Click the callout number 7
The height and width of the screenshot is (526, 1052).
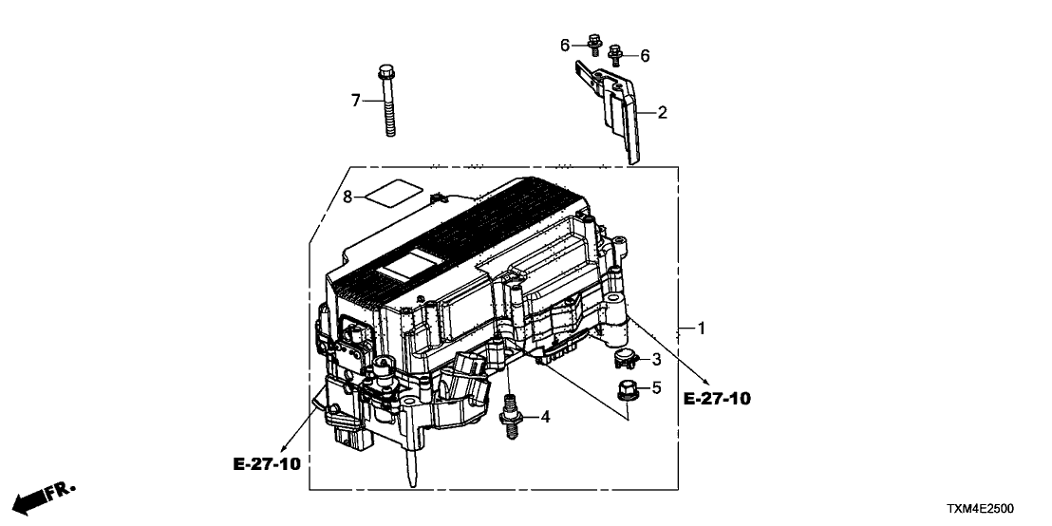(x=357, y=100)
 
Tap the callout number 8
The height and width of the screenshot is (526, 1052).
(x=348, y=197)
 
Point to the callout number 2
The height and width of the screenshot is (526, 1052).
(x=662, y=113)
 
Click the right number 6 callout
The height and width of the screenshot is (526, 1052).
(x=645, y=56)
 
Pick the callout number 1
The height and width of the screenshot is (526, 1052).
(x=701, y=329)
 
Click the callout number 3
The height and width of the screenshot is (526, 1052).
(x=654, y=359)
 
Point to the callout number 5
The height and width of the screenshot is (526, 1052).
(x=654, y=387)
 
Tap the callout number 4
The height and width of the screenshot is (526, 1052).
(x=544, y=417)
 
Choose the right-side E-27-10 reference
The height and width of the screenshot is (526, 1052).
(x=717, y=399)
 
